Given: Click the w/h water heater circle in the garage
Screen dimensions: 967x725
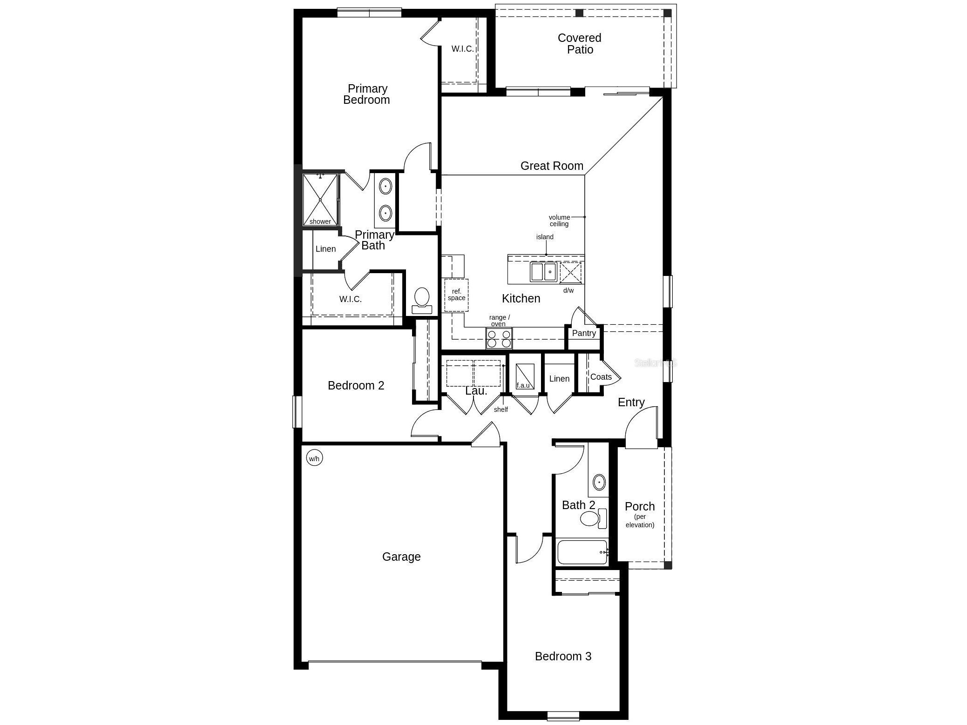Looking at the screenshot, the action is click(x=314, y=458).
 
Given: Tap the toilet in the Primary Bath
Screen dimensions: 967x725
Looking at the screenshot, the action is click(x=422, y=301).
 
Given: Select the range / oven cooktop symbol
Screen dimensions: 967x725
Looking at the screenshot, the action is click(x=499, y=338).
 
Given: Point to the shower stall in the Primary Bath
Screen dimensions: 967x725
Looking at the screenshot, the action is click(x=320, y=200).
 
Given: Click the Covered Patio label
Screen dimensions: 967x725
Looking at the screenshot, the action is click(x=580, y=44).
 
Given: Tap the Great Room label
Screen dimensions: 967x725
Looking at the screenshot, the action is click(x=552, y=166).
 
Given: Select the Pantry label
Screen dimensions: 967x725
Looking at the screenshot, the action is click(x=584, y=333).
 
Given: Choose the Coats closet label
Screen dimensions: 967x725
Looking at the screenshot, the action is click(x=601, y=377).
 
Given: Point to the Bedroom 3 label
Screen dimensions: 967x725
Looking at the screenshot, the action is click(x=563, y=656).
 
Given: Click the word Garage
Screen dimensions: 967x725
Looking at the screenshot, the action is click(x=401, y=557).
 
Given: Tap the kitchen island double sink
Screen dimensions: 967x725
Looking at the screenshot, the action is click(x=543, y=271).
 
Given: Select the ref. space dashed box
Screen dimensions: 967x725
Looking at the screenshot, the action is click(x=456, y=295).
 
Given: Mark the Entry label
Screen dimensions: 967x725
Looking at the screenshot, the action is click(x=631, y=403).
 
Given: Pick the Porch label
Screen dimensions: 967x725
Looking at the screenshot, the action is click(x=640, y=506).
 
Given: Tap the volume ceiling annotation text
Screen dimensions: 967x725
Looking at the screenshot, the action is click(x=559, y=221).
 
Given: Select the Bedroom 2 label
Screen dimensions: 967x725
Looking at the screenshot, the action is click(x=356, y=385).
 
